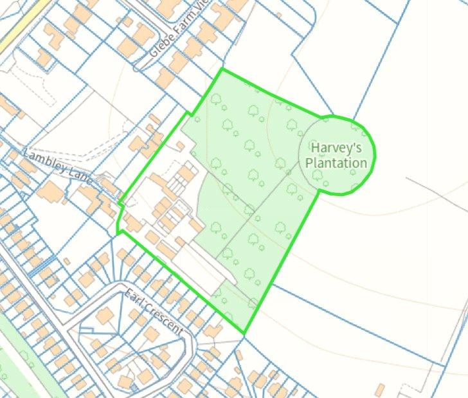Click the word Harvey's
point(333,148)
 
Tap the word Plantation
point(336,163)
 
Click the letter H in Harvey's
point(316,148)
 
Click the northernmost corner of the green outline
point(222,69)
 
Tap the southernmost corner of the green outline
point(244,333)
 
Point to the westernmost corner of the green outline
point(118,230)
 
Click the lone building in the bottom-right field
point(381,390)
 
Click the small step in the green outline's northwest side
point(191,113)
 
